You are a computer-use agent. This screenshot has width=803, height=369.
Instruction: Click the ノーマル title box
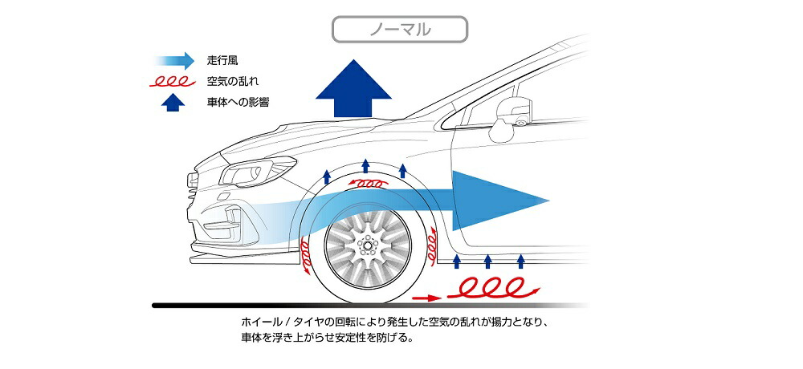point(400,30)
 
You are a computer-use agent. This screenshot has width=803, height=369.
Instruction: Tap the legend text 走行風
point(222,59)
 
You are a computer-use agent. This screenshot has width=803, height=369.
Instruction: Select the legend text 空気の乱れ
point(232,81)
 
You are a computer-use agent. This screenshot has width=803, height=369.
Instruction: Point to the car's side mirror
point(512,113)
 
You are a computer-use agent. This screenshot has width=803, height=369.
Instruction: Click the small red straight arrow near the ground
point(426,297)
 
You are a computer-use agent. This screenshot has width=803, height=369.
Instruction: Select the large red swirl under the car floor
point(491,287)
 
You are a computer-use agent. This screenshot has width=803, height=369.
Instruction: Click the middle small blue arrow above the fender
point(365,167)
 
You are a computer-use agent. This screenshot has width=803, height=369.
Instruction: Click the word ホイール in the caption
point(260,322)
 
